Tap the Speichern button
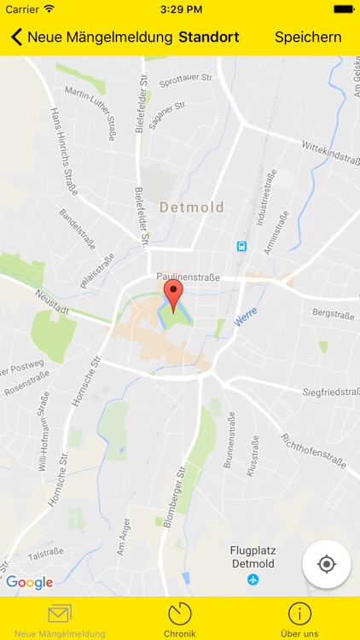coord(308,38)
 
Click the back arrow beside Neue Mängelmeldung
coord(16,38)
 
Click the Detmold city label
coord(191,207)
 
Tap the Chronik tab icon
coord(179,614)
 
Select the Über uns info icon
coord(299,614)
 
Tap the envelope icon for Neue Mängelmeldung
coord(60,614)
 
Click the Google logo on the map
coord(30,583)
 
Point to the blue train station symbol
coord(241,247)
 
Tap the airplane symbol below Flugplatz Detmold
coord(253,580)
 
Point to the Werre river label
coord(246,317)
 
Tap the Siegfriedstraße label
coord(331,392)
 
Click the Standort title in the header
coord(209,38)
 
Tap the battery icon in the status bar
coord(344,9)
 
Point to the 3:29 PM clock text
coord(180,9)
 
